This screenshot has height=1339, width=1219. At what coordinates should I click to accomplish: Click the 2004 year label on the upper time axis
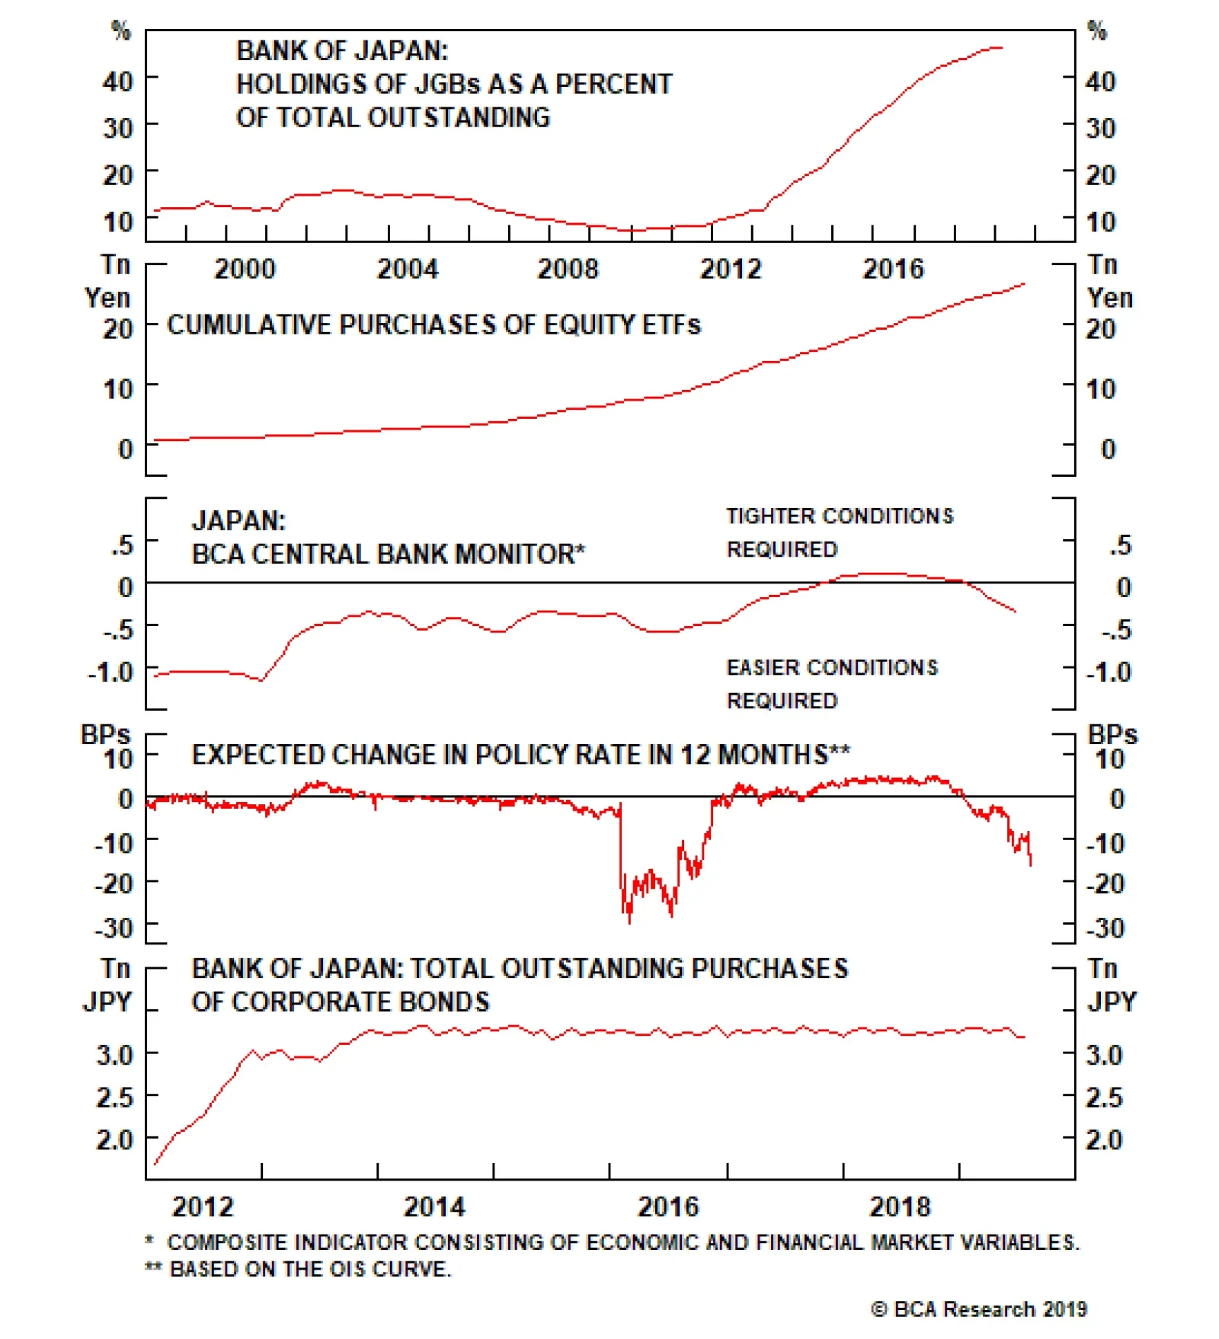coord(408,269)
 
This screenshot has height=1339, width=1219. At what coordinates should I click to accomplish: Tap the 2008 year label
coord(568,269)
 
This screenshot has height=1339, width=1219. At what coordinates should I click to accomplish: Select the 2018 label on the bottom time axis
coord(900,1206)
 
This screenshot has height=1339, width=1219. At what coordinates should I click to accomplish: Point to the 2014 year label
coord(434,1206)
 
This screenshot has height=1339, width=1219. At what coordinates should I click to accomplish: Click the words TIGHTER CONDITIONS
coord(839,516)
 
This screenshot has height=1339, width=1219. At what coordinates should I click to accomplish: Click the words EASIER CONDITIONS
coord(832,668)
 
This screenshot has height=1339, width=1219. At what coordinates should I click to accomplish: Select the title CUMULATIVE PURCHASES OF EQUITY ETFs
coord(434,325)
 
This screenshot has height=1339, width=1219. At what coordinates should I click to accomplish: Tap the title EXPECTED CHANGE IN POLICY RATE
coord(520,755)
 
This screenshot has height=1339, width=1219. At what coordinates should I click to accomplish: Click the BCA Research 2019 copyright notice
coord(979,1309)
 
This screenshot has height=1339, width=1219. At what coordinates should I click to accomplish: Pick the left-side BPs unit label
coord(105,735)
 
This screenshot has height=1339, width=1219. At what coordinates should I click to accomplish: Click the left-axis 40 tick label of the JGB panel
coord(118,81)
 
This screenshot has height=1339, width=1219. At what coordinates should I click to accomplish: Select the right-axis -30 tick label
coord(1105,928)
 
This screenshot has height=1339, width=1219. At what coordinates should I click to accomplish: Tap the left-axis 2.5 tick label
coord(115,1098)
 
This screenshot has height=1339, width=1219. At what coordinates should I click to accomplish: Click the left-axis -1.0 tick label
coord(110,673)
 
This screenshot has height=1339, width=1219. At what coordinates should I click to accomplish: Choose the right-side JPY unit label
coord(1112,1002)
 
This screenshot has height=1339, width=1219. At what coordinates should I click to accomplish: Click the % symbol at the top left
coord(121,30)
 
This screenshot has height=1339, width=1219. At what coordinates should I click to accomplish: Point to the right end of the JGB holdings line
coord(1002,48)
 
